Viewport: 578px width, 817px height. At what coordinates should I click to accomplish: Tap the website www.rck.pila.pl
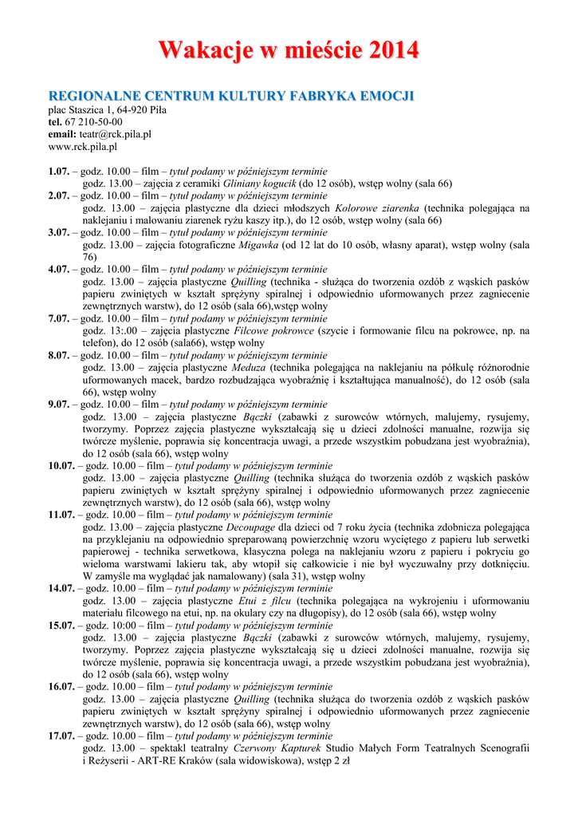[83, 147]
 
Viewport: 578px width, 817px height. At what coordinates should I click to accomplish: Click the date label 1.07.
[58, 172]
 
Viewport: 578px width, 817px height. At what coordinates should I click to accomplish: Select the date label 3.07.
[58, 233]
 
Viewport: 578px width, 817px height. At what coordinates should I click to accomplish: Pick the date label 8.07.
[58, 355]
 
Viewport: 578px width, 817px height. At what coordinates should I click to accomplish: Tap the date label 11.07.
[61, 515]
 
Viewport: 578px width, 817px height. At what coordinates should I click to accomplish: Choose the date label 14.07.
[61, 588]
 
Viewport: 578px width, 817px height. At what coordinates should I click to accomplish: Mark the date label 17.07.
[61, 736]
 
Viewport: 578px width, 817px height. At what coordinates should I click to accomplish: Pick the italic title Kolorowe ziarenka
[379, 208]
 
